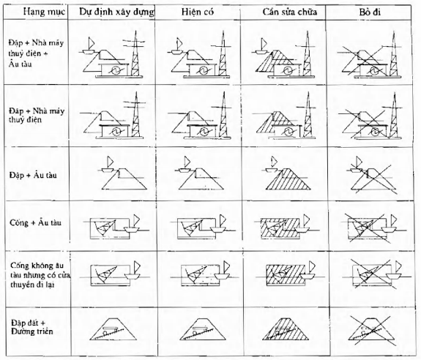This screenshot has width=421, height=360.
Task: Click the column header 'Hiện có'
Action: pos(198,12)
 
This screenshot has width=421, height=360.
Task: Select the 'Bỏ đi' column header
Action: pos(370,12)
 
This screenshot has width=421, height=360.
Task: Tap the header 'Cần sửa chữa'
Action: pos(290,12)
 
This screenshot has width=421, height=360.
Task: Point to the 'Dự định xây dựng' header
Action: pos(116,12)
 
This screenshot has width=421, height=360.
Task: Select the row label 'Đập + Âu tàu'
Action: pos(33,175)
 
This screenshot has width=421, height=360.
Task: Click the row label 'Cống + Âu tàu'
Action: pos(35,222)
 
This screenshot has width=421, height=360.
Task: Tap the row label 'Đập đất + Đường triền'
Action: pos(32,327)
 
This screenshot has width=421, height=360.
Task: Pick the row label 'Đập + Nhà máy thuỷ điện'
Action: pos(37,115)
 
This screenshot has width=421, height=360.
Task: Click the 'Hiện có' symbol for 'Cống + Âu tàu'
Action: pos(202,227)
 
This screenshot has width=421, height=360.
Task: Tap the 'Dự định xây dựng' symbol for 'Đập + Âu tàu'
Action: pos(124,174)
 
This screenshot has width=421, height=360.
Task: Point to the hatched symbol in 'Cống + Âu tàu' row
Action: pos(287,227)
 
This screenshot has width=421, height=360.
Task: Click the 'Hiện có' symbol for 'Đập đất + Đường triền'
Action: pos(202,329)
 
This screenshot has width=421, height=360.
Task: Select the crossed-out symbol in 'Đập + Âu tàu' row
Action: pos(373,175)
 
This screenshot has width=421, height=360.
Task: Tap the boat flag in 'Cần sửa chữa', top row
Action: pos(264,43)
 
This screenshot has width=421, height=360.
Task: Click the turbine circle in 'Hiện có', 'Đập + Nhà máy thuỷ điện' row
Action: pos(203,132)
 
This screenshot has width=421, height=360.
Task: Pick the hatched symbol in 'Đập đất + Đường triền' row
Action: pos(286,329)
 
